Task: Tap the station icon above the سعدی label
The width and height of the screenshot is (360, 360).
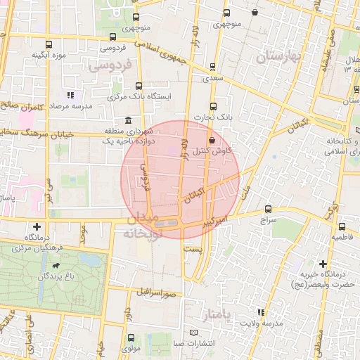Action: [x=212, y=67]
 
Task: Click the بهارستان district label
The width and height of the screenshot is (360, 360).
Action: [x=278, y=56]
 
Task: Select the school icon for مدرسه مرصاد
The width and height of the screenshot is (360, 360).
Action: [x=70, y=95]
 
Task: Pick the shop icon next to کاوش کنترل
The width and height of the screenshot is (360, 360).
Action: [x=212, y=141]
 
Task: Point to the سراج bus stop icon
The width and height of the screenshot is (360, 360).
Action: [x=268, y=209]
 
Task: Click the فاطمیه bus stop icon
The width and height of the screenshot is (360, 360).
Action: [x=342, y=226]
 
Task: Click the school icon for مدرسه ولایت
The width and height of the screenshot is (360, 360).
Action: [x=262, y=311]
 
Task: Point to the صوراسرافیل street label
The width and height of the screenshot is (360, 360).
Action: [x=163, y=291]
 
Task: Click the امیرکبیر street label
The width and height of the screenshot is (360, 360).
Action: [x=214, y=221]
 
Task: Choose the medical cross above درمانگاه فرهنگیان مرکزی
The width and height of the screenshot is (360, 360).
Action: [x=37, y=226]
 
